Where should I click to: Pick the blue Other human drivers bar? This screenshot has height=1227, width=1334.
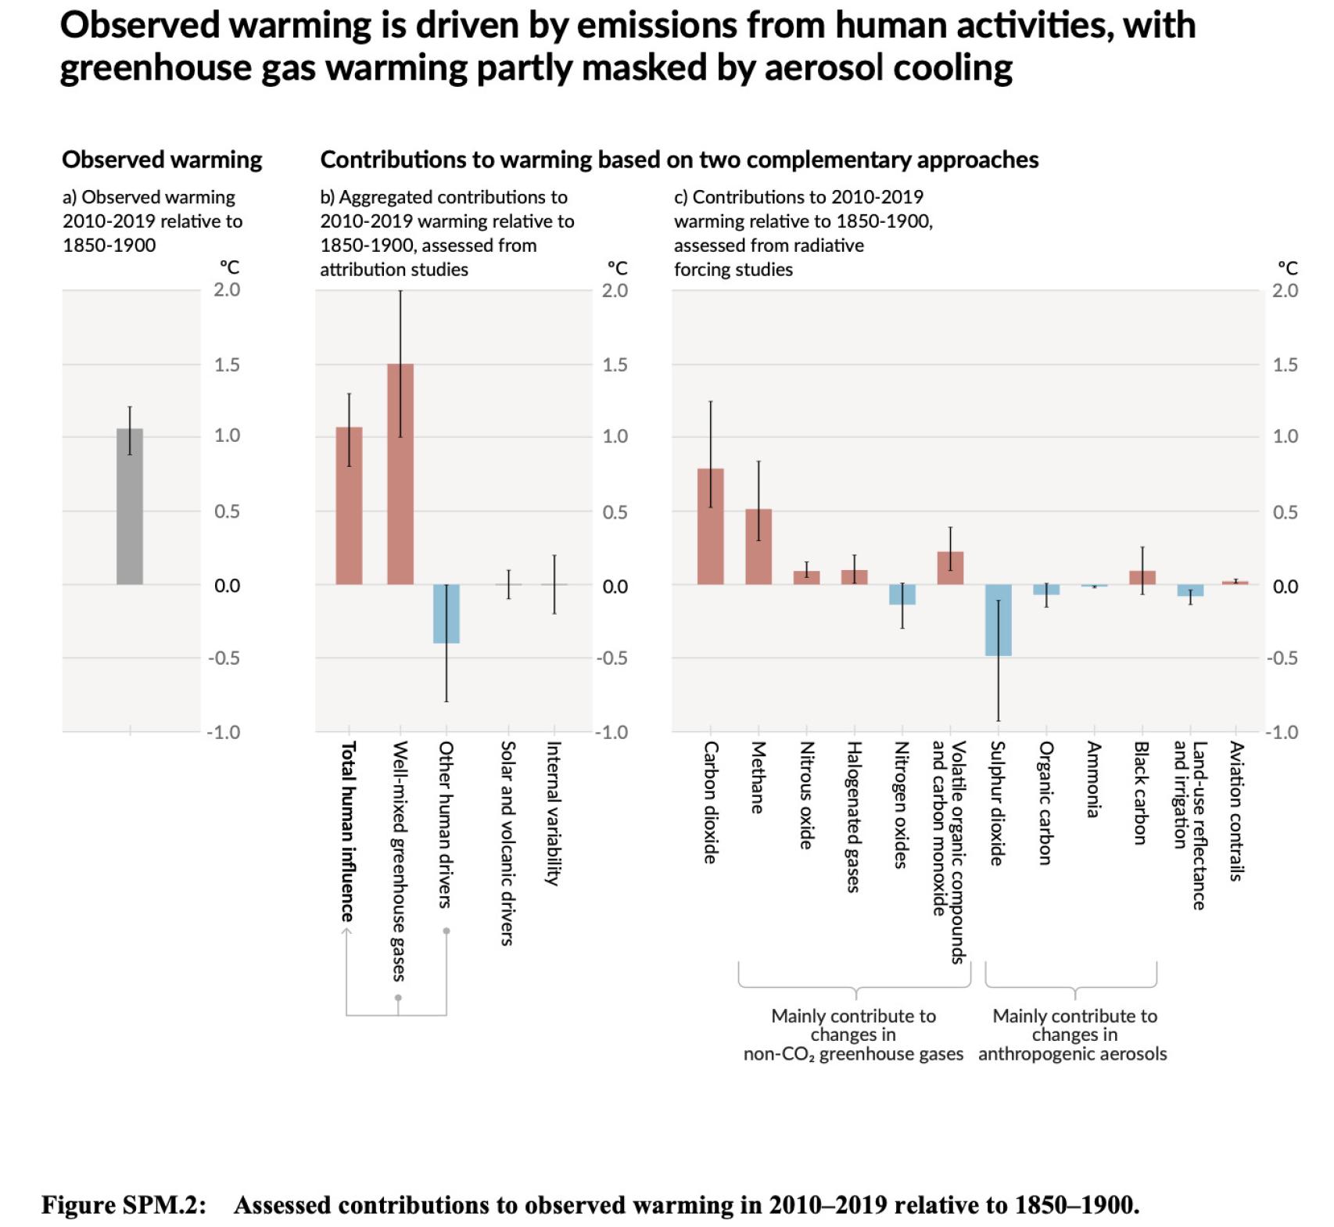click(446, 614)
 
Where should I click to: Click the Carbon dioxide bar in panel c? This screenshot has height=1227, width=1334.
click(710, 527)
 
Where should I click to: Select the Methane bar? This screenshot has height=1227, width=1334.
click(758, 547)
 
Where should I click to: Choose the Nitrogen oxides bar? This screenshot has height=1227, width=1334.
click(902, 595)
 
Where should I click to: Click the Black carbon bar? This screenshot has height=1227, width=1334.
click(1142, 578)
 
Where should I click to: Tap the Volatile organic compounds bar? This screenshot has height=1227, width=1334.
click(950, 569)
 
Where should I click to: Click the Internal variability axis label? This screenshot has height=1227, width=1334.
click(553, 813)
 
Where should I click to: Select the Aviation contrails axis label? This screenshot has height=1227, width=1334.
click(1236, 811)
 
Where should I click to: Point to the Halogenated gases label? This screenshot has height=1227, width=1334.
click(854, 816)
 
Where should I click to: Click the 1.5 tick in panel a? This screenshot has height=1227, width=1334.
click(227, 365)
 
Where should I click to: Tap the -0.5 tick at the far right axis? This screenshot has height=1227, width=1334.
click(1282, 658)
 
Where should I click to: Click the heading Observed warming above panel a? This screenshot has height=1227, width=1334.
click(162, 160)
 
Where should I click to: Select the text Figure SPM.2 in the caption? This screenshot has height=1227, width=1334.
click(124, 1204)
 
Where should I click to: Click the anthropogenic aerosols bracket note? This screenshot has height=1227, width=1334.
click(1073, 1035)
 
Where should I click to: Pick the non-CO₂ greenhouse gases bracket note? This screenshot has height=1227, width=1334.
click(853, 1035)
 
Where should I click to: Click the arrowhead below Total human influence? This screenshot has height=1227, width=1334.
click(347, 931)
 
